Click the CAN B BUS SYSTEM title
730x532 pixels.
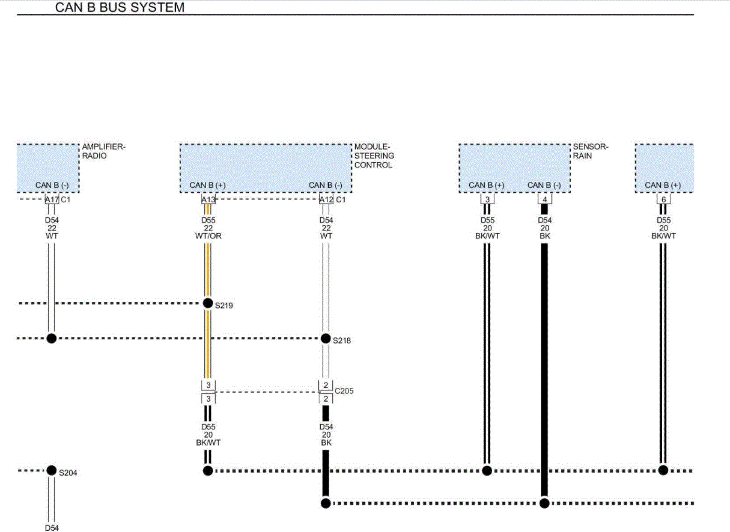120,8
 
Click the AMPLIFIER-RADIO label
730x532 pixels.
103,151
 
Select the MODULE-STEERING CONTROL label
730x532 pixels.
374,156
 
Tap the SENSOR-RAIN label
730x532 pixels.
590,151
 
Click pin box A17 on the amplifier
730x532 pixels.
52,199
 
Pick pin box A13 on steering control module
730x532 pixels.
208,199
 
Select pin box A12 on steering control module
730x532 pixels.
326,199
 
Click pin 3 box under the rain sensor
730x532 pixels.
487,199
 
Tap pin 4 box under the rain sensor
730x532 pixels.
544,199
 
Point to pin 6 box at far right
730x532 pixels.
663,199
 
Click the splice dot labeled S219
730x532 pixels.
208,303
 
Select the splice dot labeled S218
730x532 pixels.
326,338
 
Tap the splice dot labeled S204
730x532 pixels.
52,470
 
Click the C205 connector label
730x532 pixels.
344,391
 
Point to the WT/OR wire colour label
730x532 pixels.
208,236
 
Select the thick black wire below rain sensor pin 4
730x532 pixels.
544,360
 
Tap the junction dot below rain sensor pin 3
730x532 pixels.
487,470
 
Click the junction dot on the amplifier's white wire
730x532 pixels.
52,338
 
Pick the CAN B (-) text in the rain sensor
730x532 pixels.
544,185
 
